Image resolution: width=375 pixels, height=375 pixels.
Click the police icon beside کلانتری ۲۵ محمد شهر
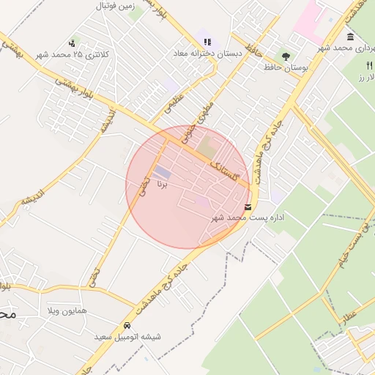tap(71, 43)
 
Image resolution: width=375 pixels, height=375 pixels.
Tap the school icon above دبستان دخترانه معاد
tap(207, 42)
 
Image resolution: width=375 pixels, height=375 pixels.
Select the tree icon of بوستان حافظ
tap(285, 56)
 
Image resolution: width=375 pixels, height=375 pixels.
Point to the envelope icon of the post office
tap(249, 207)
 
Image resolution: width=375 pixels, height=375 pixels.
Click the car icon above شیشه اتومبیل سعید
tap(127, 325)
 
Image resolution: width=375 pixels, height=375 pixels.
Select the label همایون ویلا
tap(67, 311)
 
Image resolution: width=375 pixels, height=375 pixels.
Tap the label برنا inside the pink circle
tap(163, 185)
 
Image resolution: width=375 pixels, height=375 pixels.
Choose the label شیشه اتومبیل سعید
tap(127, 337)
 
